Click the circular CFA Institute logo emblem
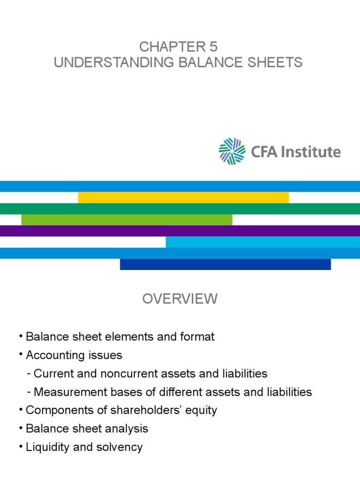[232, 151]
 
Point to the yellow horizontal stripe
[183, 197]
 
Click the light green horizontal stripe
[127, 219]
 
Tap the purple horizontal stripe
[180, 231]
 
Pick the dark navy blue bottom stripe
[225, 264]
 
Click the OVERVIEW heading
[180, 299]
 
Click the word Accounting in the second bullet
[50, 355]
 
